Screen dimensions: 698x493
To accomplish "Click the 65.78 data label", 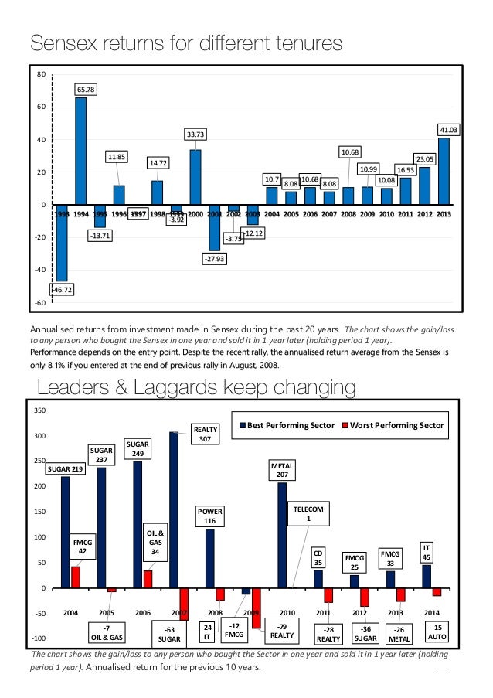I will [87, 90].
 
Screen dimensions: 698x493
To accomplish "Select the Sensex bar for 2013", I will [444, 171].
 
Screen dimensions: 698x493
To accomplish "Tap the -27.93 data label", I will [214, 259].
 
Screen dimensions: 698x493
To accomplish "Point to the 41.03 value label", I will [449, 130].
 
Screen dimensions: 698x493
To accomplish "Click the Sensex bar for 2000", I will [195, 177].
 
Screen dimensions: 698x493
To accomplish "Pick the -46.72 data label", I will [61, 289].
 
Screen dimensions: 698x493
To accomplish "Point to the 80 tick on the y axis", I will [41, 75].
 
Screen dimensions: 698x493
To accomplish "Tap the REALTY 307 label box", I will [206, 433].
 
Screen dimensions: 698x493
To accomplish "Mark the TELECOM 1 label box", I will [309, 512].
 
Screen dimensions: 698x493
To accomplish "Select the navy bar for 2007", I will [173, 510].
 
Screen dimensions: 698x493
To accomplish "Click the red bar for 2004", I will [76, 577].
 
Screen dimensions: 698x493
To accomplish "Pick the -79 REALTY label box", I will [282, 632].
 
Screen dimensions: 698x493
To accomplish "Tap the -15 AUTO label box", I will [437, 632].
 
